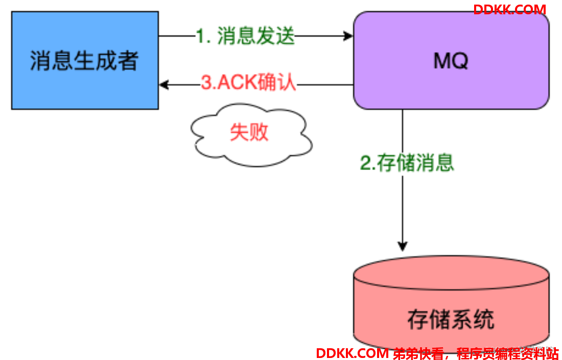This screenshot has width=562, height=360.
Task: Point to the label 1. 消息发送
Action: [x=246, y=36]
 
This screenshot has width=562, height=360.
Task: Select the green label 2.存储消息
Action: [x=407, y=163]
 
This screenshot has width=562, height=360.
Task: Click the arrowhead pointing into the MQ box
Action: [x=348, y=36]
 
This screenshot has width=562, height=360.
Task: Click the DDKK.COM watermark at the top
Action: [x=509, y=10]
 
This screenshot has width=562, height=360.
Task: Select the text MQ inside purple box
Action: [x=451, y=61]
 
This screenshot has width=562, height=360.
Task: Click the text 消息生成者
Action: [x=85, y=61]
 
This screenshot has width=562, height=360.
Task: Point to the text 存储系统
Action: [x=451, y=320]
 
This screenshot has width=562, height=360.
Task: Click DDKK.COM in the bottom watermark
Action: [x=352, y=353]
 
